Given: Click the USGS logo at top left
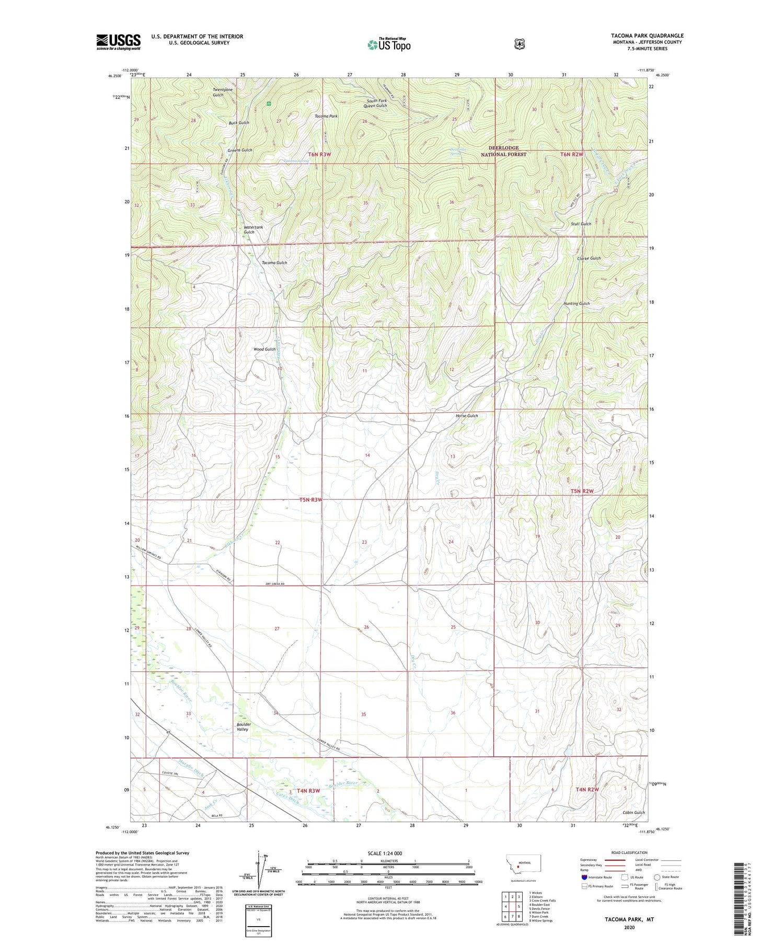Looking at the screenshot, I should [118, 42].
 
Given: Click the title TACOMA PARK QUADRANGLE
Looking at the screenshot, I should [647, 36].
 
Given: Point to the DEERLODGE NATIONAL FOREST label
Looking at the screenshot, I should [503, 151].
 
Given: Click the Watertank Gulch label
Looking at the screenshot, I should [253, 229].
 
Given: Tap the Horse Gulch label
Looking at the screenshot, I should [466, 416].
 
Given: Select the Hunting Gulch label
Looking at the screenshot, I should [576, 303].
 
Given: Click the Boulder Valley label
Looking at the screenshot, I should [244, 727].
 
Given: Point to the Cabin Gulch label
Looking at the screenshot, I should [633, 813].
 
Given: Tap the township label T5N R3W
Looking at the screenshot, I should [311, 500].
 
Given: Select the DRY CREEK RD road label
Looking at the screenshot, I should [274, 584].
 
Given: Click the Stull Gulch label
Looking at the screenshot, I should [581, 224].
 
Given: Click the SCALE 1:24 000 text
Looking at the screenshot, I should [388, 854].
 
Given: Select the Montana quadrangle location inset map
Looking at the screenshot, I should [523, 864].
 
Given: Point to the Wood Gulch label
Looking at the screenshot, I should [264, 349].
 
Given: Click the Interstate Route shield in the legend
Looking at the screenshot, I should [584, 877].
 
